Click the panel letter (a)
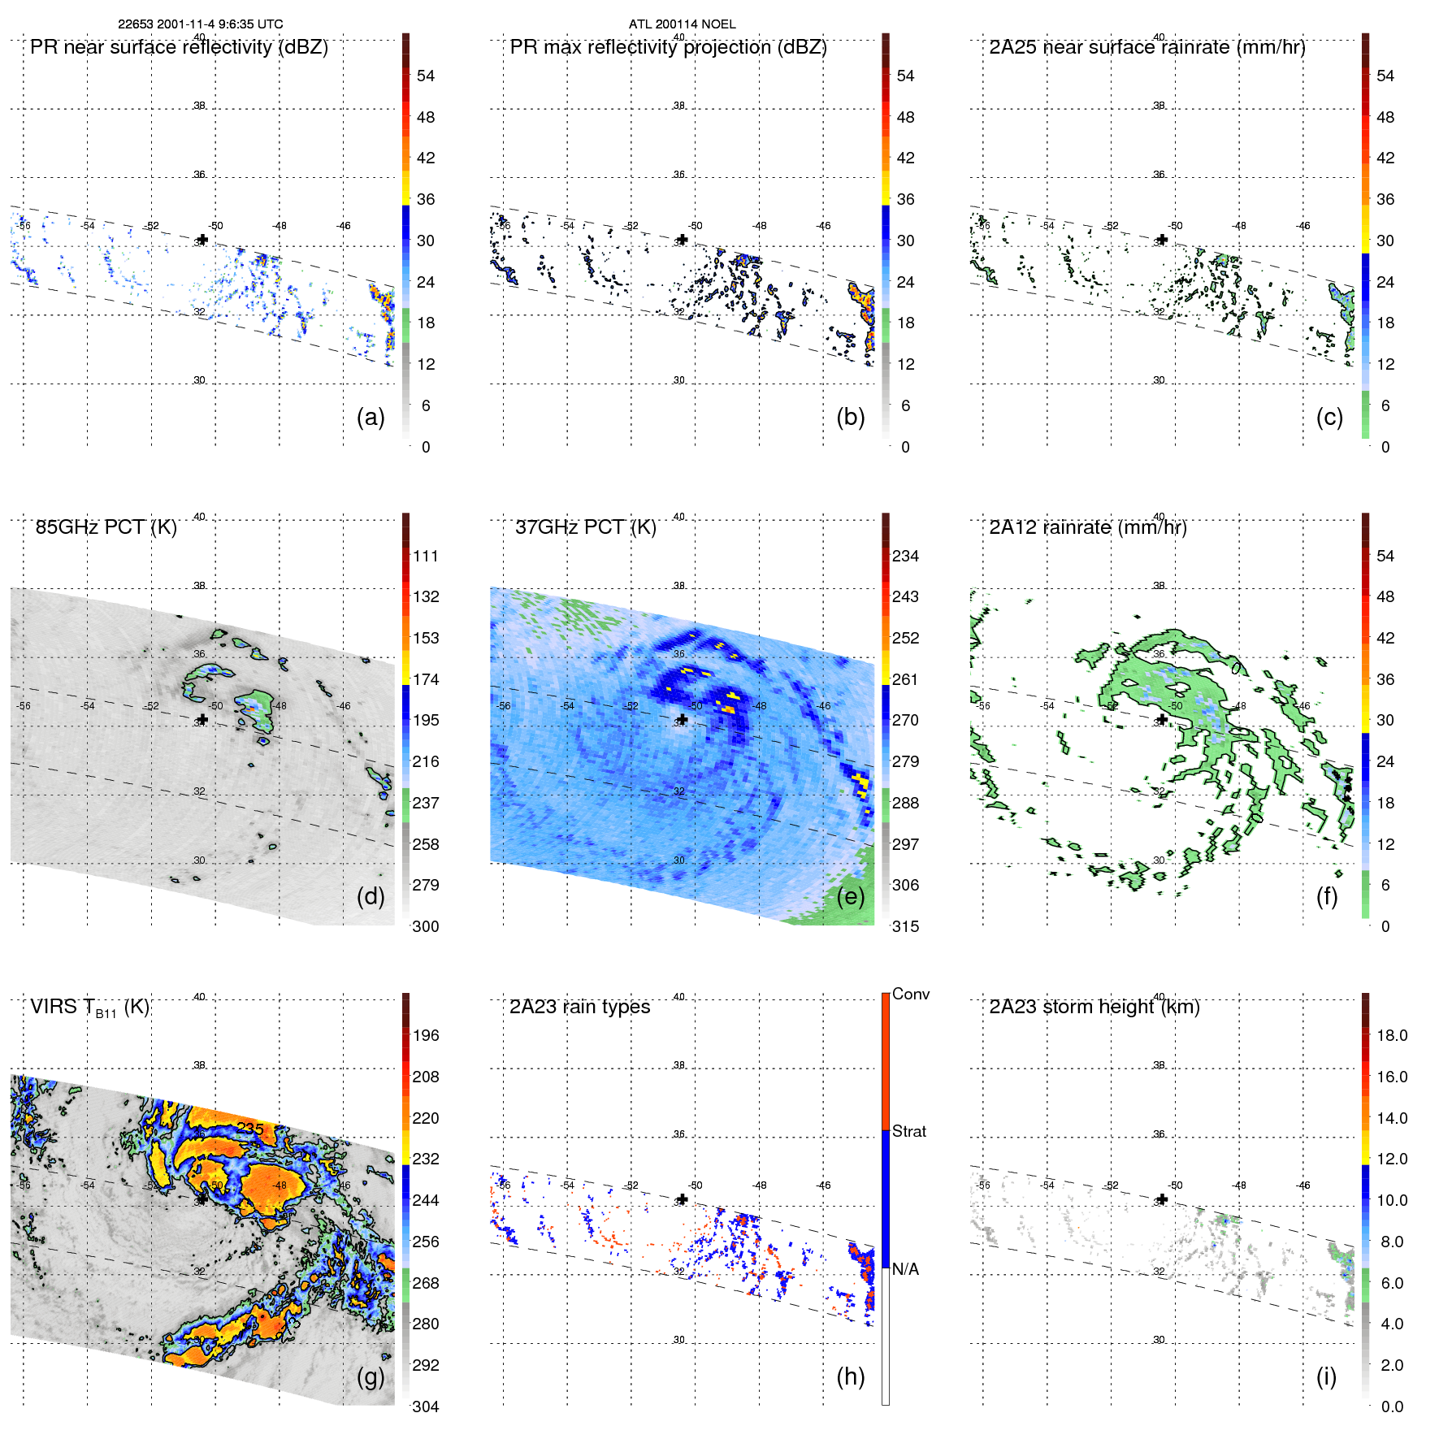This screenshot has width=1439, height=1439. (x=371, y=417)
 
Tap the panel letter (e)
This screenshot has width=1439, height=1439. (x=850, y=896)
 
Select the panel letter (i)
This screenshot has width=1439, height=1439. (x=1326, y=1376)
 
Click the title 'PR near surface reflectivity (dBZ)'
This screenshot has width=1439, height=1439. (x=179, y=47)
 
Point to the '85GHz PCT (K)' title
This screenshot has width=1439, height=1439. (x=106, y=527)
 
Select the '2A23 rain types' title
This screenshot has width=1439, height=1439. (x=579, y=1007)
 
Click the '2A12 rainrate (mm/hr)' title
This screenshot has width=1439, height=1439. (x=1088, y=527)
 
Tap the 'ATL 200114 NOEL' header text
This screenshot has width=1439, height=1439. (x=682, y=24)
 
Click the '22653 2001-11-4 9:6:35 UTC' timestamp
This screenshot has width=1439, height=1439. (x=201, y=24)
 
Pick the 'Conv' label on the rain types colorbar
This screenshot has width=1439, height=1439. (x=911, y=994)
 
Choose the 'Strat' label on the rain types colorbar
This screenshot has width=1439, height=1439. (x=909, y=1131)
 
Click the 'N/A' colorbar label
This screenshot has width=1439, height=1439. (x=905, y=1269)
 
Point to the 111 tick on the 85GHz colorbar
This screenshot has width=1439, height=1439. (x=426, y=556)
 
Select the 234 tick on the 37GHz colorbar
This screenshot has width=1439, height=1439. (x=905, y=556)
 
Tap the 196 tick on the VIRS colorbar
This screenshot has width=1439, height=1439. (x=426, y=1035)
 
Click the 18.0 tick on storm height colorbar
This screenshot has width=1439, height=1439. (x=1392, y=1035)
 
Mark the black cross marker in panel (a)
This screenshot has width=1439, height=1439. (x=202, y=239)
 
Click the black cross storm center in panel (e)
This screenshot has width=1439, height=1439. (x=683, y=719)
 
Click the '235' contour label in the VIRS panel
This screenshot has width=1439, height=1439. (x=250, y=1128)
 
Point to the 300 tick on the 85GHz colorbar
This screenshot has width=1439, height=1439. (x=426, y=926)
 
